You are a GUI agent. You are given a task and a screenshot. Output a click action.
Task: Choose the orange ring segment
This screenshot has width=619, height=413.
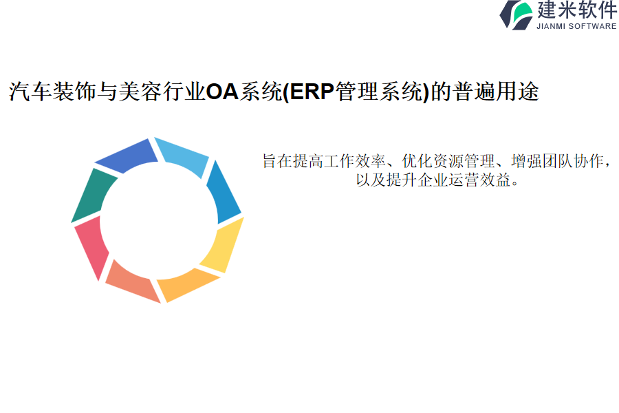point(186,284)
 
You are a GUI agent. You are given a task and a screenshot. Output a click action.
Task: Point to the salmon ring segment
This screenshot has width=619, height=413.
point(131,282)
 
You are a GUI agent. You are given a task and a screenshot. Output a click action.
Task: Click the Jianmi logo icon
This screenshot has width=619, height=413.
point(517,15)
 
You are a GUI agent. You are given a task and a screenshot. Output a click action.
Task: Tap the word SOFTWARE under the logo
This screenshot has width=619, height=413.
point(593,26)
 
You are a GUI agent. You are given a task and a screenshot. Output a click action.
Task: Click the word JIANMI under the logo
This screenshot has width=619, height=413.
point(551,26)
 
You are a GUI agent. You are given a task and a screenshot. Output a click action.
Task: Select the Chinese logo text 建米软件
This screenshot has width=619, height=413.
point(577,10)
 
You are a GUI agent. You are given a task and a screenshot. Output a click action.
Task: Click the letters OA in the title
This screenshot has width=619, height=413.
point(223,92)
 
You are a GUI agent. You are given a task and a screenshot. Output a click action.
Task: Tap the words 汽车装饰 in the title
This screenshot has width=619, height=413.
point(53,92)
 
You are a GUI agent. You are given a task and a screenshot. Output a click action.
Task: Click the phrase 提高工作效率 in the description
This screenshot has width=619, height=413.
point(340,161)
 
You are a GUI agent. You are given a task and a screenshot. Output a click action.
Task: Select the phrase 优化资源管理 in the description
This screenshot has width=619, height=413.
point(448,161)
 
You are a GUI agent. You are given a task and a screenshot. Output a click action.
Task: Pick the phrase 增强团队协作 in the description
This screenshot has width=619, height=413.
point(557,161)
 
